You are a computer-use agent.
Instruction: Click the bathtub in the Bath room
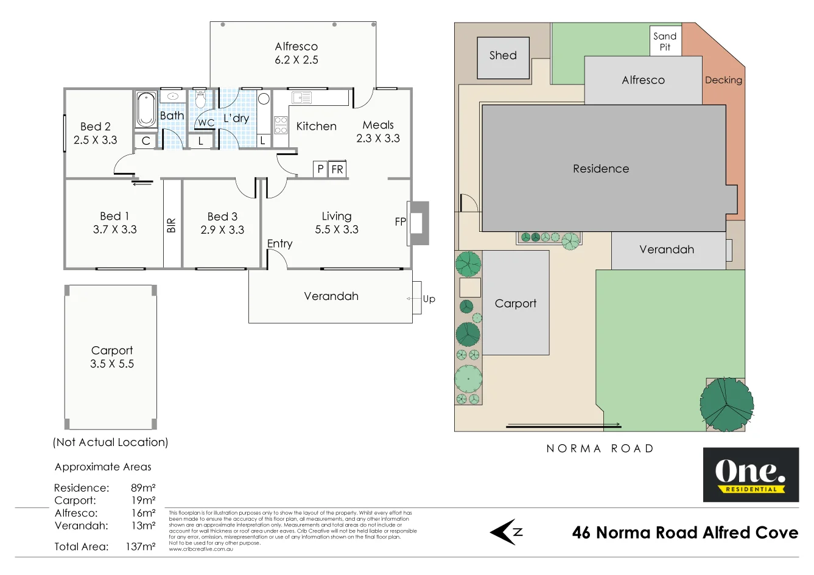click(146, 110)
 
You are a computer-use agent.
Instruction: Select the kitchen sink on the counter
click(301, 97)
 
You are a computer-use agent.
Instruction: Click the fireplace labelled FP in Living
click(417, 223)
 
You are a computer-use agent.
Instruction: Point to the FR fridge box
click(337, 169)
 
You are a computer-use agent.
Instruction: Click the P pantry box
click(320, 169)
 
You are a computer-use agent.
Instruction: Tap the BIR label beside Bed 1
click(172, 225)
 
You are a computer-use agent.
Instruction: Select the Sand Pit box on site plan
click(665, 41)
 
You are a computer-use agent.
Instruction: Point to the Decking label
click(723, 80)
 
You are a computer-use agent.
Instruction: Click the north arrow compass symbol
click(506, 532)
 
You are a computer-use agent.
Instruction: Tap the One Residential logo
click(751, 475)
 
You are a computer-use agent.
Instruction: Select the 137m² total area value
click(141, 546)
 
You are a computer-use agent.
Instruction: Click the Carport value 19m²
click(143, 500)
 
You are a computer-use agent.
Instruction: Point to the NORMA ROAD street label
click(600, 448)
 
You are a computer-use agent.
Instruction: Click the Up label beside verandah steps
click(429, 299)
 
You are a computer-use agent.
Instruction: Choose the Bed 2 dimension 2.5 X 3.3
click(96, 140)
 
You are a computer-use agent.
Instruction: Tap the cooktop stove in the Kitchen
click(281, 125)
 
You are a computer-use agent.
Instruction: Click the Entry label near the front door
click(279, 243)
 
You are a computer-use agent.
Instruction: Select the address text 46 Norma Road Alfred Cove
click(685, 532)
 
